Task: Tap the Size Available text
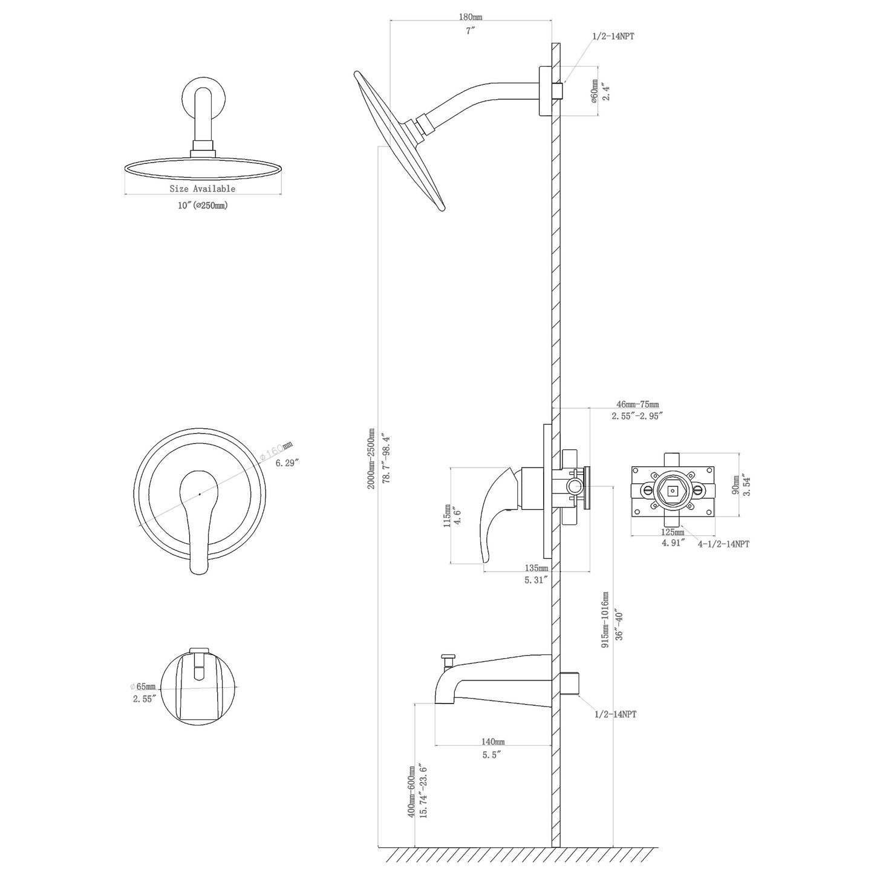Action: pos(202,189)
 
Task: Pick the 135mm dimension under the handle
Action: pos(536,568)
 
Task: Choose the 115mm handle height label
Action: pos(448,516)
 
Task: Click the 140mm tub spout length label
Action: pos(493,742)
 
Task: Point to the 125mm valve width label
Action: pos(672,532)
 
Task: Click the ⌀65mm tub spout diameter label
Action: pos(143,686)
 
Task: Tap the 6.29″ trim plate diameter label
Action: pos(288,463)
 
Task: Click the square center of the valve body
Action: pos(672,491)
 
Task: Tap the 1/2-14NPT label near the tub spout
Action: pos(615,714)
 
